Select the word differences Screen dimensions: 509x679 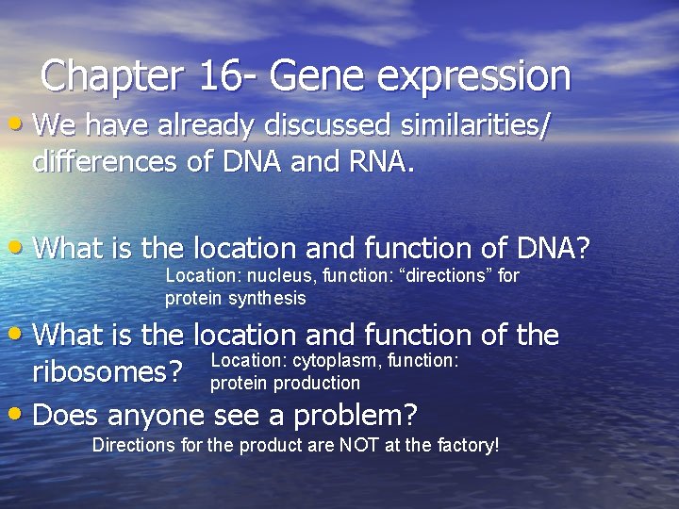[106, 162]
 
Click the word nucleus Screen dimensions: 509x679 [276, 276]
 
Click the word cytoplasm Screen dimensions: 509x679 [338, 360]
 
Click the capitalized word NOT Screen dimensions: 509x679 [355, 445]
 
